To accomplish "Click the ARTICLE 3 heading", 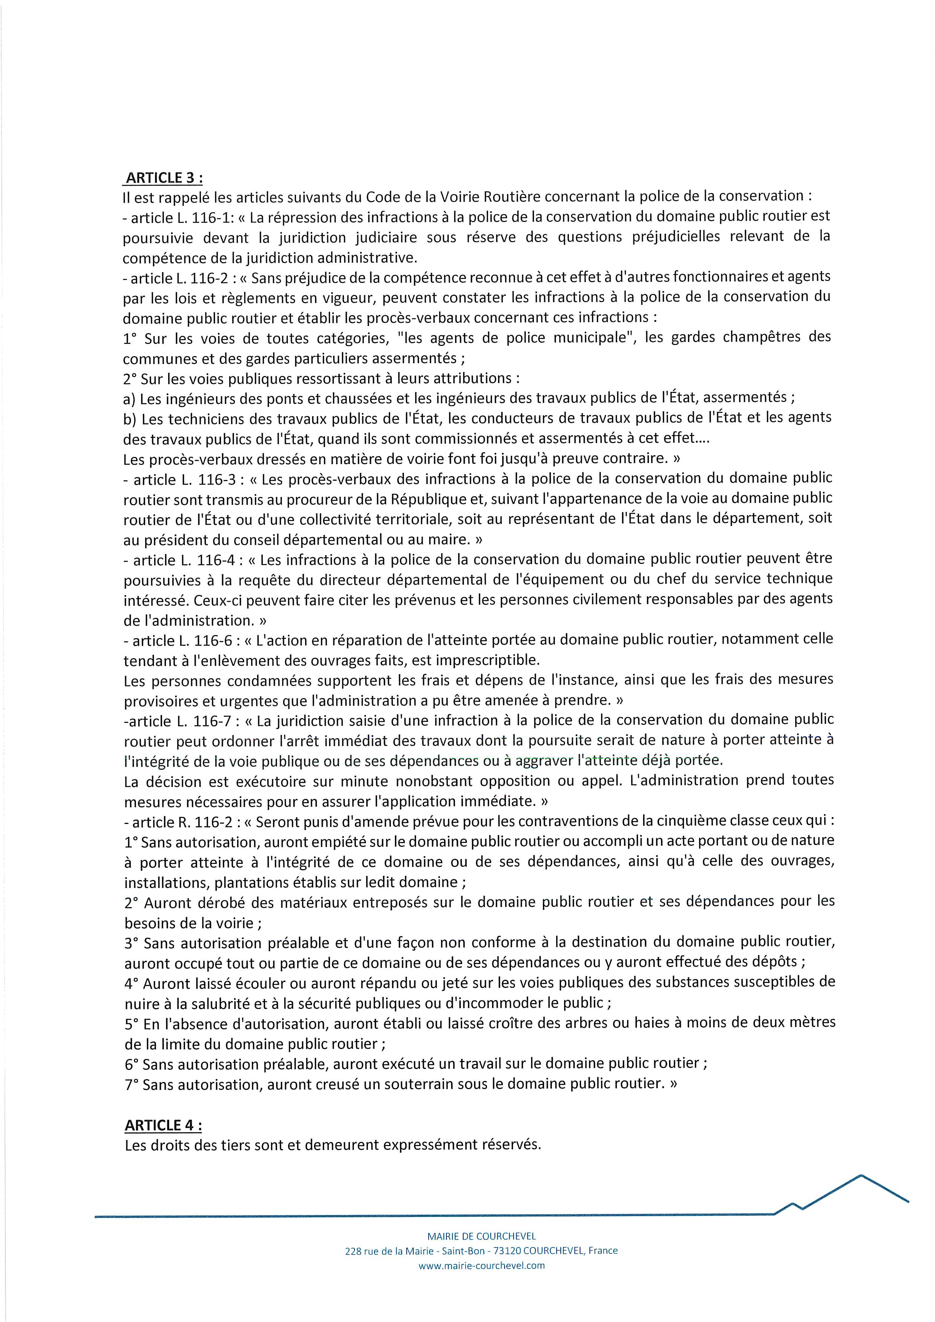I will (164, 177).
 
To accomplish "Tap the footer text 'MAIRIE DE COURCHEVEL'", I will (481, 1236).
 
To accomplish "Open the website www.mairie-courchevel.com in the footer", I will (481, 1265).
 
